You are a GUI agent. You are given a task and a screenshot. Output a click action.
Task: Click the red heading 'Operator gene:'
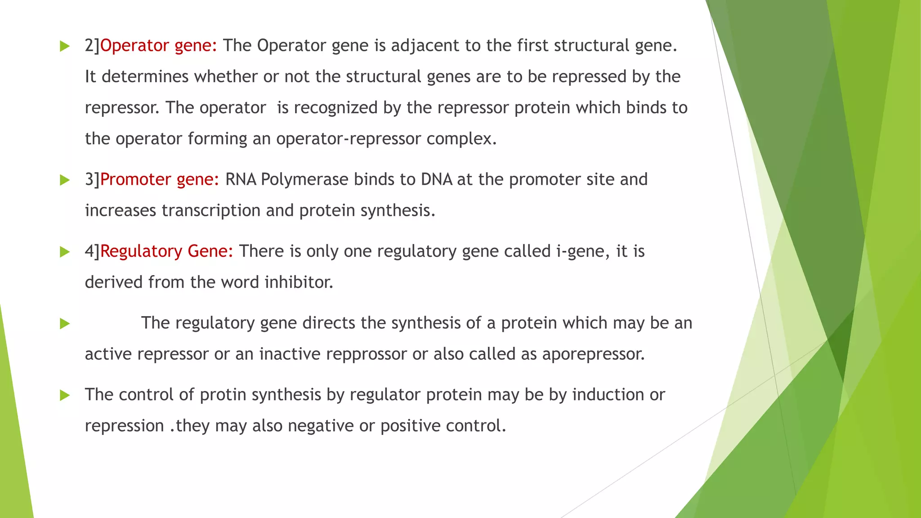(x=158, y=46)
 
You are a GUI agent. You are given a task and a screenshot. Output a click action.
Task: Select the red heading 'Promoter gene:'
(x=160, y=180)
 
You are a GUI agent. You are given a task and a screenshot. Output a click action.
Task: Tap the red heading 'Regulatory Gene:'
(x=167, y=251)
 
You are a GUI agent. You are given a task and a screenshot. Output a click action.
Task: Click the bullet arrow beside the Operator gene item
(x=65, y=46)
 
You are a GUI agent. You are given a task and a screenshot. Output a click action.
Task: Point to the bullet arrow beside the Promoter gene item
(x=65, y=180)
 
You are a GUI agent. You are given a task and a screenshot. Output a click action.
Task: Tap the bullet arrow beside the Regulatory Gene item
(x=65, y=252)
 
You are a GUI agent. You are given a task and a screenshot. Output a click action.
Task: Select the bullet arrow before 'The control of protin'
(x=65, y=395)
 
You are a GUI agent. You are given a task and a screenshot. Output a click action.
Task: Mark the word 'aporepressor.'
(x=594, y=354)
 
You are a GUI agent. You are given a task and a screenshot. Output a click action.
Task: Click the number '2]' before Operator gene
(x=92, y=46)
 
